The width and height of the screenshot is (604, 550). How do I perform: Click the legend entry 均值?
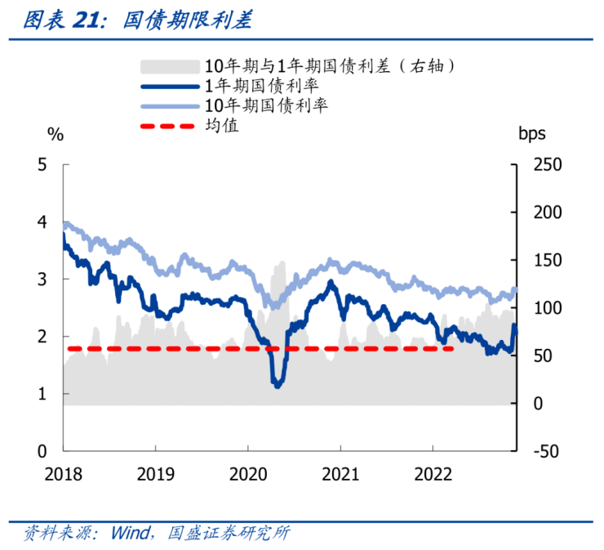tap(221, 126)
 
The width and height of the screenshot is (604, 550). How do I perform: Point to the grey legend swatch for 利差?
tap(170, 65)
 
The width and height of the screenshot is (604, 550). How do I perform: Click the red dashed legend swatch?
tap(170, 127)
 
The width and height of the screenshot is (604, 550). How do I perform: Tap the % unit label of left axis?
tap(55, 136)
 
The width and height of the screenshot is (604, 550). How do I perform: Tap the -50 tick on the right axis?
tap(542, 451)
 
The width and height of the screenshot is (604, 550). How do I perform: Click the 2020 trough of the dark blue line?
tap(278, 384)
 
